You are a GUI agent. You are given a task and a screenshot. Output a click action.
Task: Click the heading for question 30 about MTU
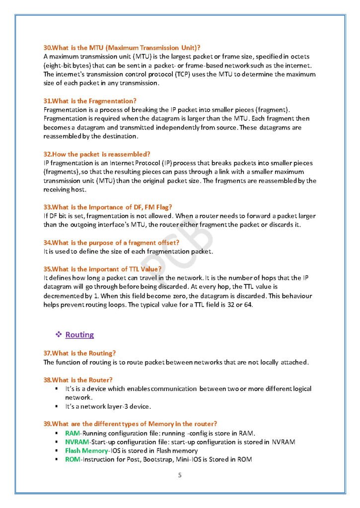pos(122,48)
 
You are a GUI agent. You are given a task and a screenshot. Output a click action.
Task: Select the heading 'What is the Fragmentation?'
pos(91,101)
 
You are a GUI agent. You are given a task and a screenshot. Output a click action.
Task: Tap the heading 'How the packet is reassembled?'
pos(97,154)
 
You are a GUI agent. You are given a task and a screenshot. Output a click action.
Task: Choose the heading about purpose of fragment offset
pos(112,242)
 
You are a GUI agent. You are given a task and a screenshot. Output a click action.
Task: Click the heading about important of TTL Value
pos(102,269)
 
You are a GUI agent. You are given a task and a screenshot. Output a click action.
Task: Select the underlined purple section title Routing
pos(79,335)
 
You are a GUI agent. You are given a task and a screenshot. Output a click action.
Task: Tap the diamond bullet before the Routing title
pos(59,335)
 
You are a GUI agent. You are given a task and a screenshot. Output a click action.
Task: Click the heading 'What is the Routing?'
pos(80,353)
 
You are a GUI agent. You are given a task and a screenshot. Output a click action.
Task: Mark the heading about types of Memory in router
pos(130,424)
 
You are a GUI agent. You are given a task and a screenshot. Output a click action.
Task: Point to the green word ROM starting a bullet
pos(72,459)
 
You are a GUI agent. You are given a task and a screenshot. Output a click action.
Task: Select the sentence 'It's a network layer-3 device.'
pos(108,407)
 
